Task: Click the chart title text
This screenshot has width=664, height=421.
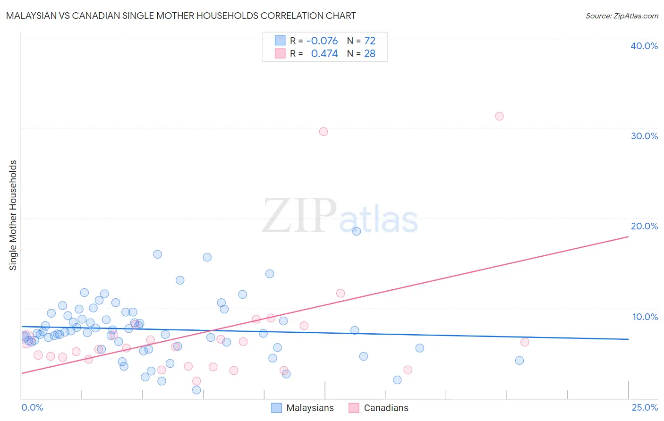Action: click(x=181, y=16)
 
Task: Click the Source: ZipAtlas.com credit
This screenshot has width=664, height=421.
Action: click(x=621, y=16)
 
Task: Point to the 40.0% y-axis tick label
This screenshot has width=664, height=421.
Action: click(x=644, y=46)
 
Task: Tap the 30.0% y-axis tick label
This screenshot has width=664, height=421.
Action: click(x=644, y=136)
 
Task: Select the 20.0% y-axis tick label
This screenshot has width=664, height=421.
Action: click(x=644, y=226)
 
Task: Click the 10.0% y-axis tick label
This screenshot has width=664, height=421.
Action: click(x=645, y=317)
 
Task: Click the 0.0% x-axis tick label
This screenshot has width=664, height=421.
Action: click(x=32, y=407)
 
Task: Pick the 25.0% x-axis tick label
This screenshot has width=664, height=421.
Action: click(x=645, y=407)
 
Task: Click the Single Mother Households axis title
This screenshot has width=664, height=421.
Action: click(x=13, y=215)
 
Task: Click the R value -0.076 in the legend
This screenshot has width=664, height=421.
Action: click(x=322, y=41)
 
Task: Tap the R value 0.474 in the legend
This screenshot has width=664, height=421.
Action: click(x=324, y=54)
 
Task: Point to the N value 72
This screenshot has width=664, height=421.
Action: click(x=369, y=41)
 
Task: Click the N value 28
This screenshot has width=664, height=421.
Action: click(x=369, y=54)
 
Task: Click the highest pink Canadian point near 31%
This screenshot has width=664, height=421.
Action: click(x=499, y=116)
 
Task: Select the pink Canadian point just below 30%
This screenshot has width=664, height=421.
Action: click(x=323, y=132)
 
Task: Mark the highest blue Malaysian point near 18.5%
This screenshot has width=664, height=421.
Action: click(x=357, y=231)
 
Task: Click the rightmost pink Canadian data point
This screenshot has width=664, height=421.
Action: click(x=525, y=342)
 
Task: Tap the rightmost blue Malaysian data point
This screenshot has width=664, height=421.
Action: click(x=519, y=361)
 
